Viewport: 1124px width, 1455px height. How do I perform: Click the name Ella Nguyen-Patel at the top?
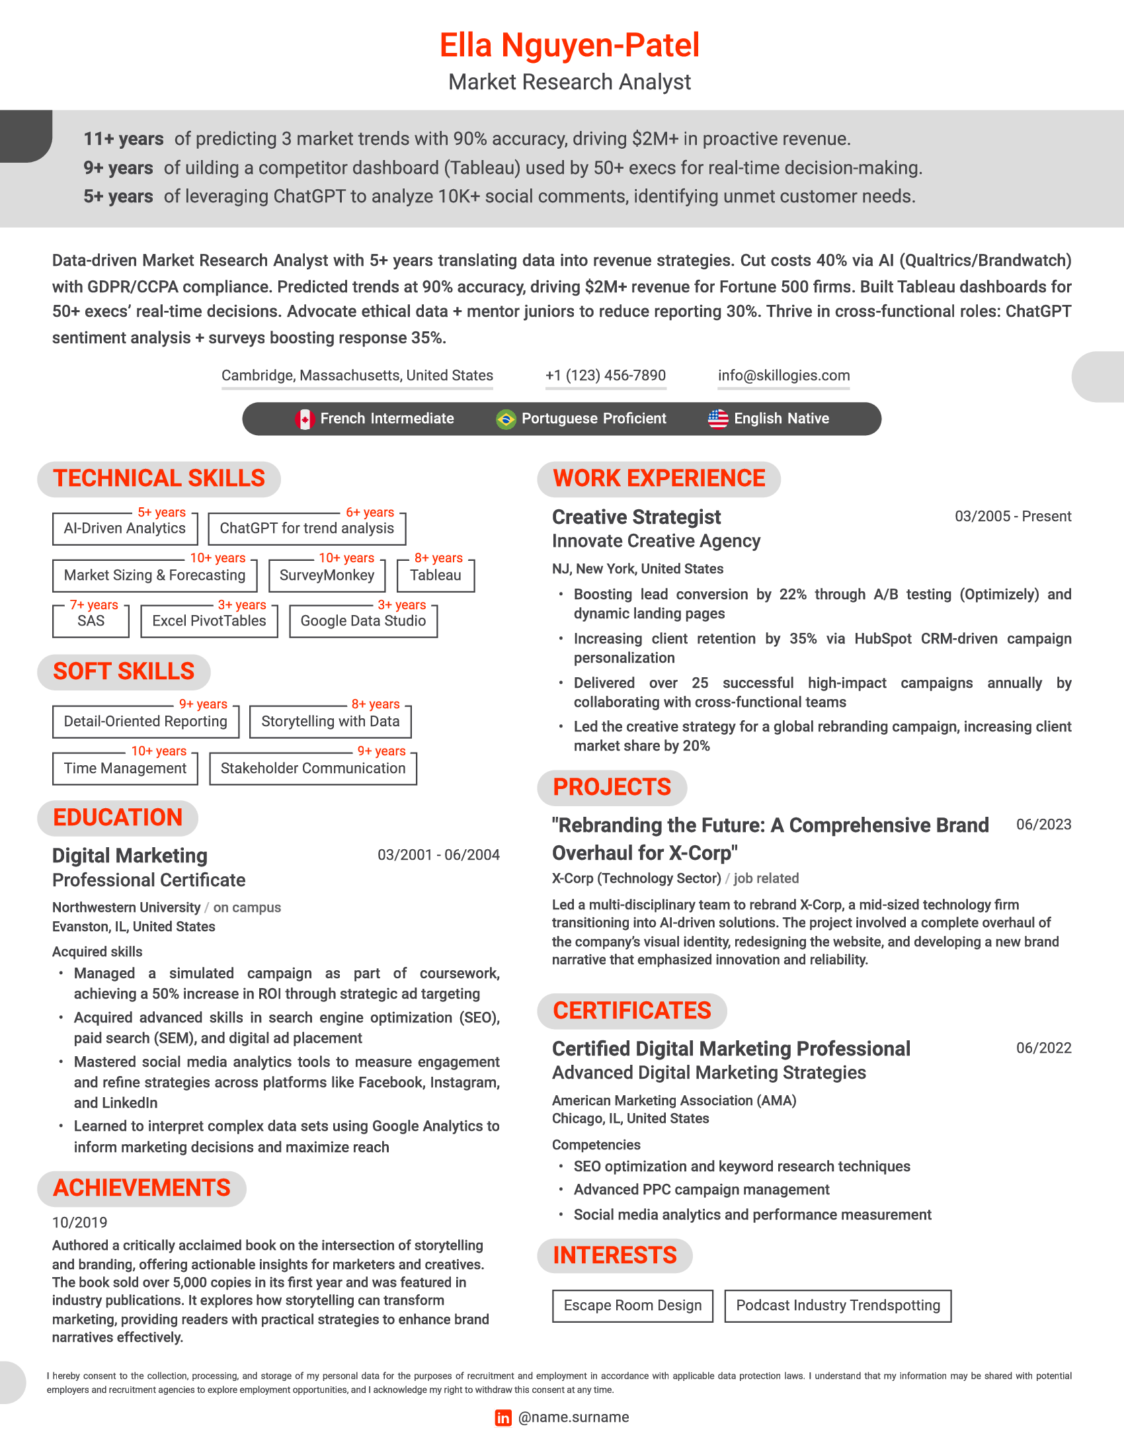(569, 45)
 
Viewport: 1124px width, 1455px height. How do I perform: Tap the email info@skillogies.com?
(783, 375)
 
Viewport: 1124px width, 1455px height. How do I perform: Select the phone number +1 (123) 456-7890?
(605, 375)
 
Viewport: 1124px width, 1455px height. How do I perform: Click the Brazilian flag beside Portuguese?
(506, 419)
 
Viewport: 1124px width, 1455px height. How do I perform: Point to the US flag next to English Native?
(718, 419)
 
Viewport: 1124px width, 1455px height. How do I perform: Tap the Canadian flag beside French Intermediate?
(305, 419)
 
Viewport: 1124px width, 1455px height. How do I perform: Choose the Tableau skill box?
(436, 575)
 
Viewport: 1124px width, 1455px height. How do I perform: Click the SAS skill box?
(91, 621)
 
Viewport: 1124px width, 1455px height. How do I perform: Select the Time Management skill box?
(125, 768)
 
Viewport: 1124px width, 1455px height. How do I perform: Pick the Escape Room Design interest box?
(633, 1305)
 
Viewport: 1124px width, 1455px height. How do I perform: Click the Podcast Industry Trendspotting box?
(838, 1305)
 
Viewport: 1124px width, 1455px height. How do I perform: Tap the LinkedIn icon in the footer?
(503, 1417)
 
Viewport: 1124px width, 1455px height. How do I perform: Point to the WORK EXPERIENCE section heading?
(659, 478)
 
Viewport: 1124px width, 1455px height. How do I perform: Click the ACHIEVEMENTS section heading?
(142, 1188)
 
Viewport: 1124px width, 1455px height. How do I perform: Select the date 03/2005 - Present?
(1013, 517)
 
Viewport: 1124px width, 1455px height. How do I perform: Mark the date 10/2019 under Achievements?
(80, 1222)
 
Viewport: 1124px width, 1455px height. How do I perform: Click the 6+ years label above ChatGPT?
(370, 513)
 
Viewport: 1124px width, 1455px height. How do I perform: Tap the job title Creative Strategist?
(636, 517)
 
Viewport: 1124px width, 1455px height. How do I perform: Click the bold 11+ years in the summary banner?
(123, 140)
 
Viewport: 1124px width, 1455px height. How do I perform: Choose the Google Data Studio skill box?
(363, 621)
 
